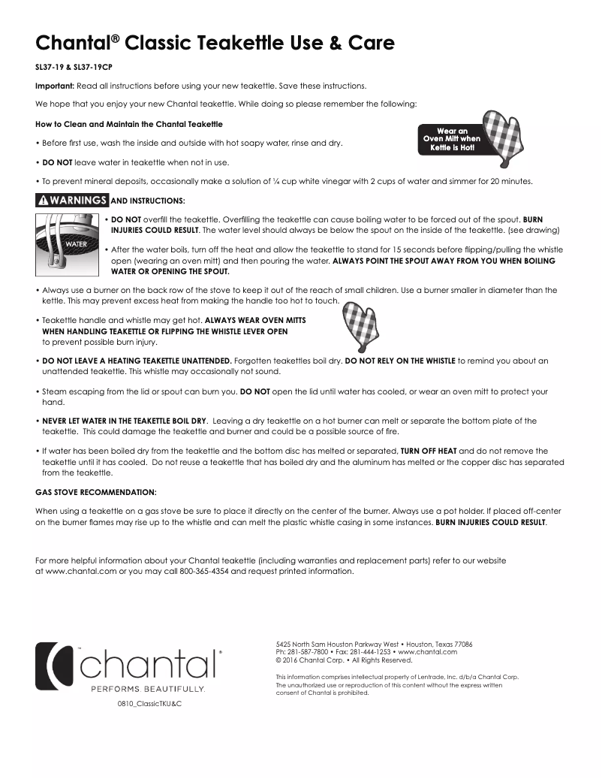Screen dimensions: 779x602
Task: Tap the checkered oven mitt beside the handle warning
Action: point(358,325)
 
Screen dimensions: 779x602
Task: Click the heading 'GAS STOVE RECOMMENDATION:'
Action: point(96,492)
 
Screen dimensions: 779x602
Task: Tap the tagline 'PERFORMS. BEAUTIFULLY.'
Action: point(148,688)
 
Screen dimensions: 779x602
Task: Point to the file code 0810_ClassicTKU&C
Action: point(149,705)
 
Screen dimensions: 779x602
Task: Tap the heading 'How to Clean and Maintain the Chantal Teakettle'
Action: point(129,123)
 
